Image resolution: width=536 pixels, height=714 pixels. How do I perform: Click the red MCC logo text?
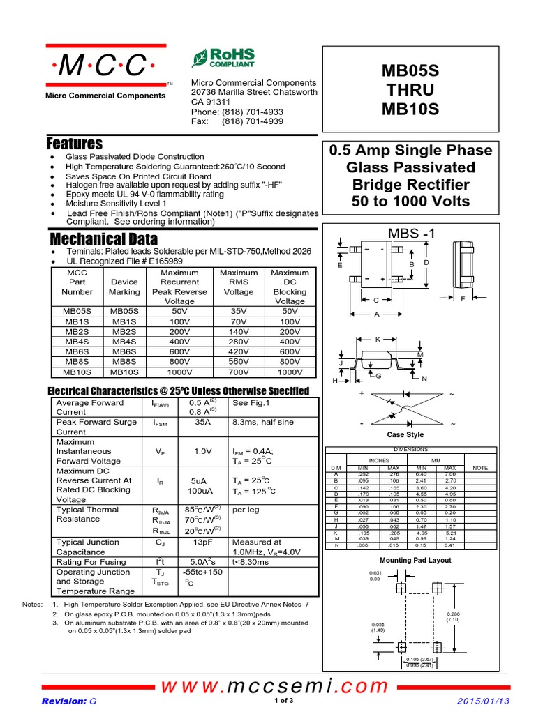tap(105, 66)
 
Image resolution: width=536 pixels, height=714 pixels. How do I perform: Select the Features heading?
tap(75, 144)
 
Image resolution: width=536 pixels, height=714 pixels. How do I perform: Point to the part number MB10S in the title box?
tap(410, 109)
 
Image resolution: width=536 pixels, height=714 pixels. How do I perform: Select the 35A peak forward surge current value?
tap(202, 422)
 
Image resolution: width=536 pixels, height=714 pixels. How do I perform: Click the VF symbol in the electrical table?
tap(160, 452)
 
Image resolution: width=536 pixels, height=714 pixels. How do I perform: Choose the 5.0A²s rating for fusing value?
tap(203, 561)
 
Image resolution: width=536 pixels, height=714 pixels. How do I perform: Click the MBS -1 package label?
tap(410, 234)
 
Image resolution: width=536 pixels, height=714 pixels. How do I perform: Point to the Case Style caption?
tap(405, 435)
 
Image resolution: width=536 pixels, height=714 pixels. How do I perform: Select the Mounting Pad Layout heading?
tap(415, 560)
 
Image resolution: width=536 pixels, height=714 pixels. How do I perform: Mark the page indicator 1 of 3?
tap(284, 700)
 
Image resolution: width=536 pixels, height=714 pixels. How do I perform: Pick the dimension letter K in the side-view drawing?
tap(378, 339)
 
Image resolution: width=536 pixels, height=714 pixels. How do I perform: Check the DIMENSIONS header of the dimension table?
tap(411, 450)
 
